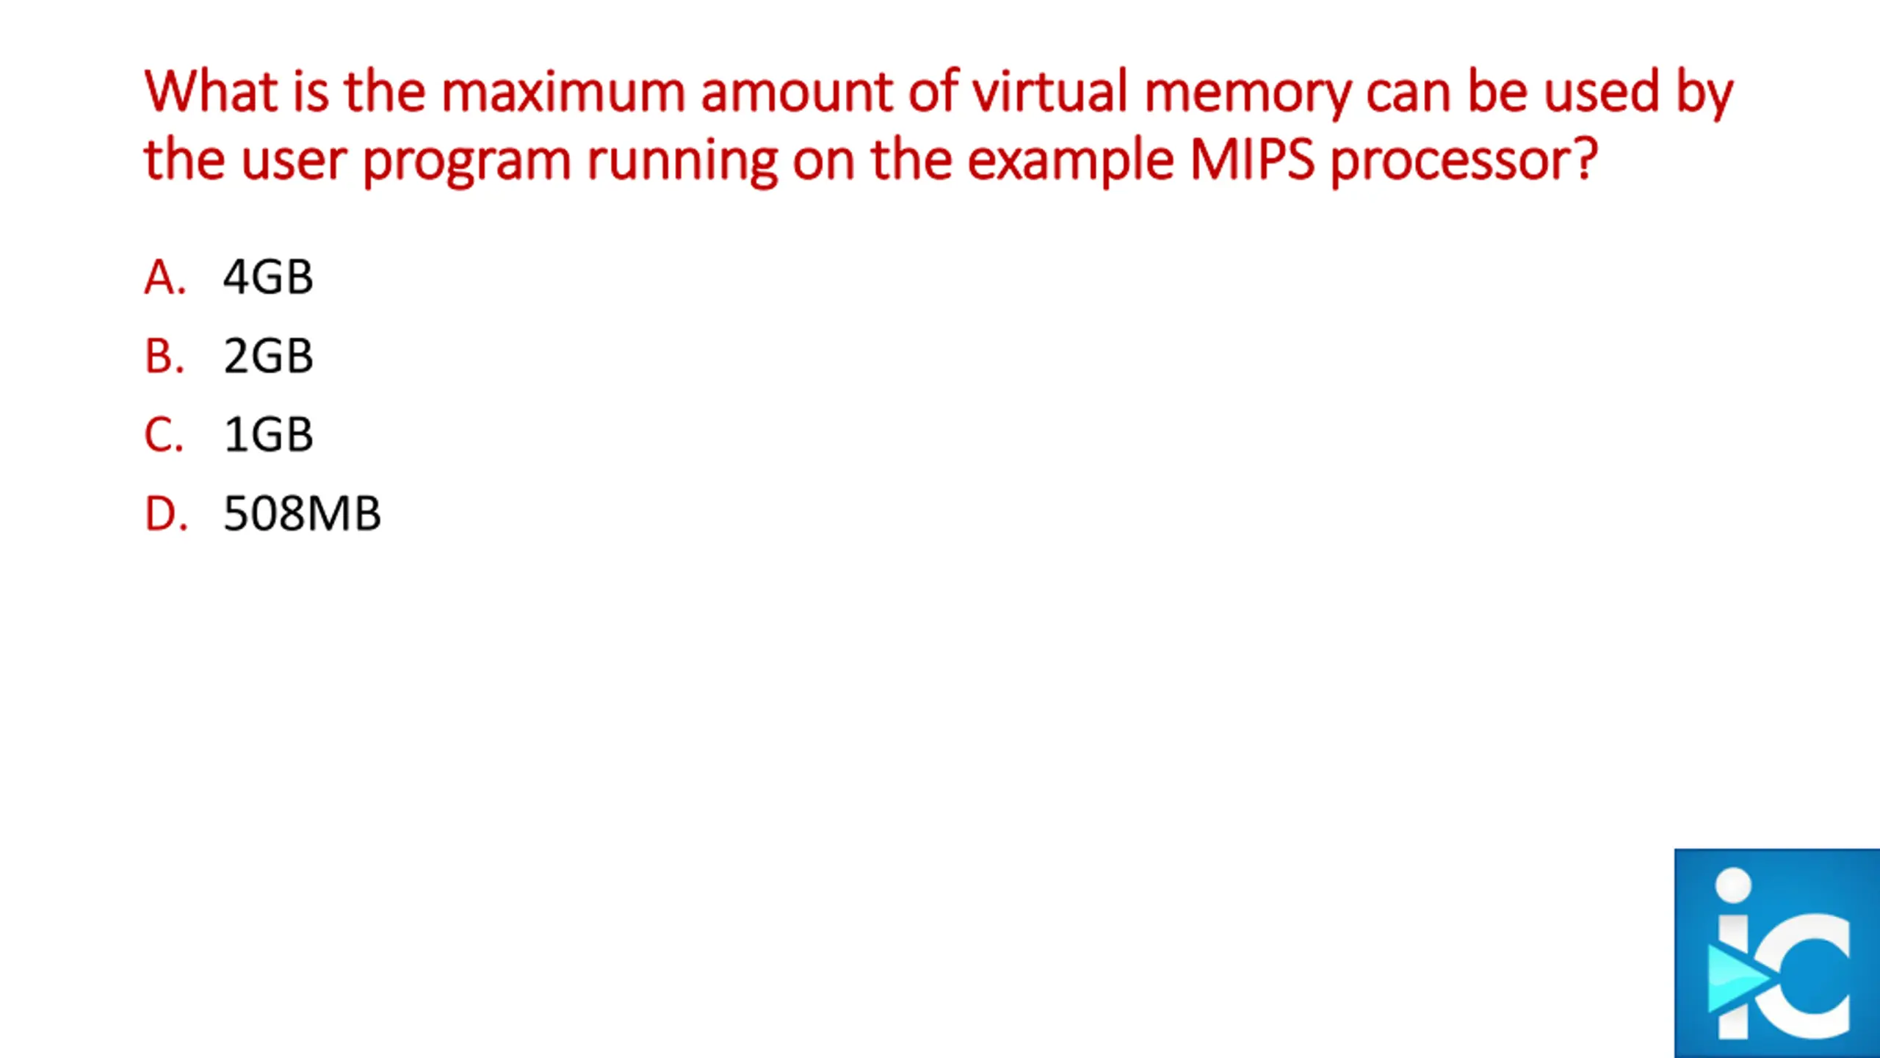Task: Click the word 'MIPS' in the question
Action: [1251, 159]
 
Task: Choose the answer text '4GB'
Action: [268, 278]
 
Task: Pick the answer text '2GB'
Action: [268, 356]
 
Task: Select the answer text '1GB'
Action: [268, 434]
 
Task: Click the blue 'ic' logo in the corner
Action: [1776, 953]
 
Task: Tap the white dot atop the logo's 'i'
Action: [1735, 885]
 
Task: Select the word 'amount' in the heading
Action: [796, 92]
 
